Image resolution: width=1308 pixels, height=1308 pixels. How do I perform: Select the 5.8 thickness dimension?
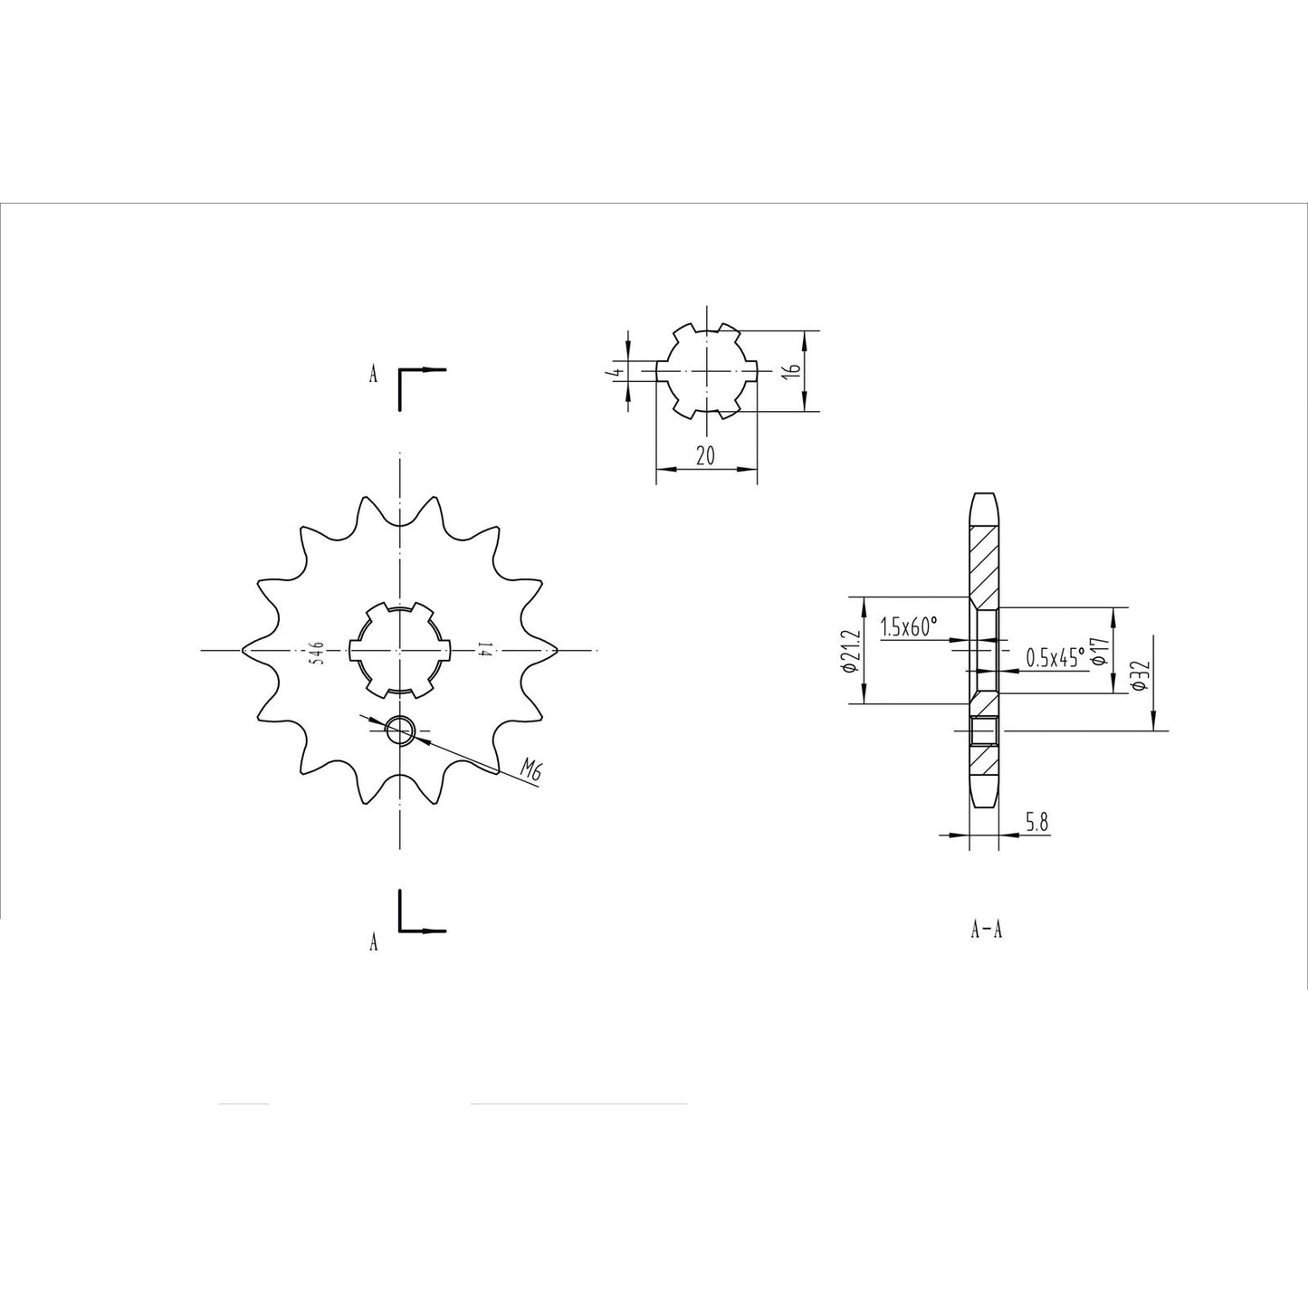(x=1037, y=822)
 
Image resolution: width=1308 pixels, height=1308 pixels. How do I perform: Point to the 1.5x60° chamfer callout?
(x=909, y=626)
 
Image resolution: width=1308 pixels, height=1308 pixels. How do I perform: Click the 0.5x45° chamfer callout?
(x=1055, y=657)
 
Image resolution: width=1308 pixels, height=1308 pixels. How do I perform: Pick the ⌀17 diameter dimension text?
(x=1100, y=650)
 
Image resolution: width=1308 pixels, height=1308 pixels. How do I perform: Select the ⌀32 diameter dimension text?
(x=1140, y=675)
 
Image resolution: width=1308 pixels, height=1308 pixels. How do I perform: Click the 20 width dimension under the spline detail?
(x=705, y=457)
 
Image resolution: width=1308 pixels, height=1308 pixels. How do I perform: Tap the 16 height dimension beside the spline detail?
(x=790, y=370)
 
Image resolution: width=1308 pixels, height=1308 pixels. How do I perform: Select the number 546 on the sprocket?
(x=316, y=652)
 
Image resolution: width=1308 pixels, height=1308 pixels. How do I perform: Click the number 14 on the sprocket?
(x=483, y=650)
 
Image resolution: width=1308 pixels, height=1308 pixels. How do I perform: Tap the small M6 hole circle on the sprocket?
(x=399, y=730)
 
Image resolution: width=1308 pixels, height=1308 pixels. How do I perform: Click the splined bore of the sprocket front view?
(x=399, y=650)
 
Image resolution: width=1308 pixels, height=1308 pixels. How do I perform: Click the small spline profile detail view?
(x=705, y=370)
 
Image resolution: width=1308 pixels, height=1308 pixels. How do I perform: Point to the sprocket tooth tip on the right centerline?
(x=555, y=650)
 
